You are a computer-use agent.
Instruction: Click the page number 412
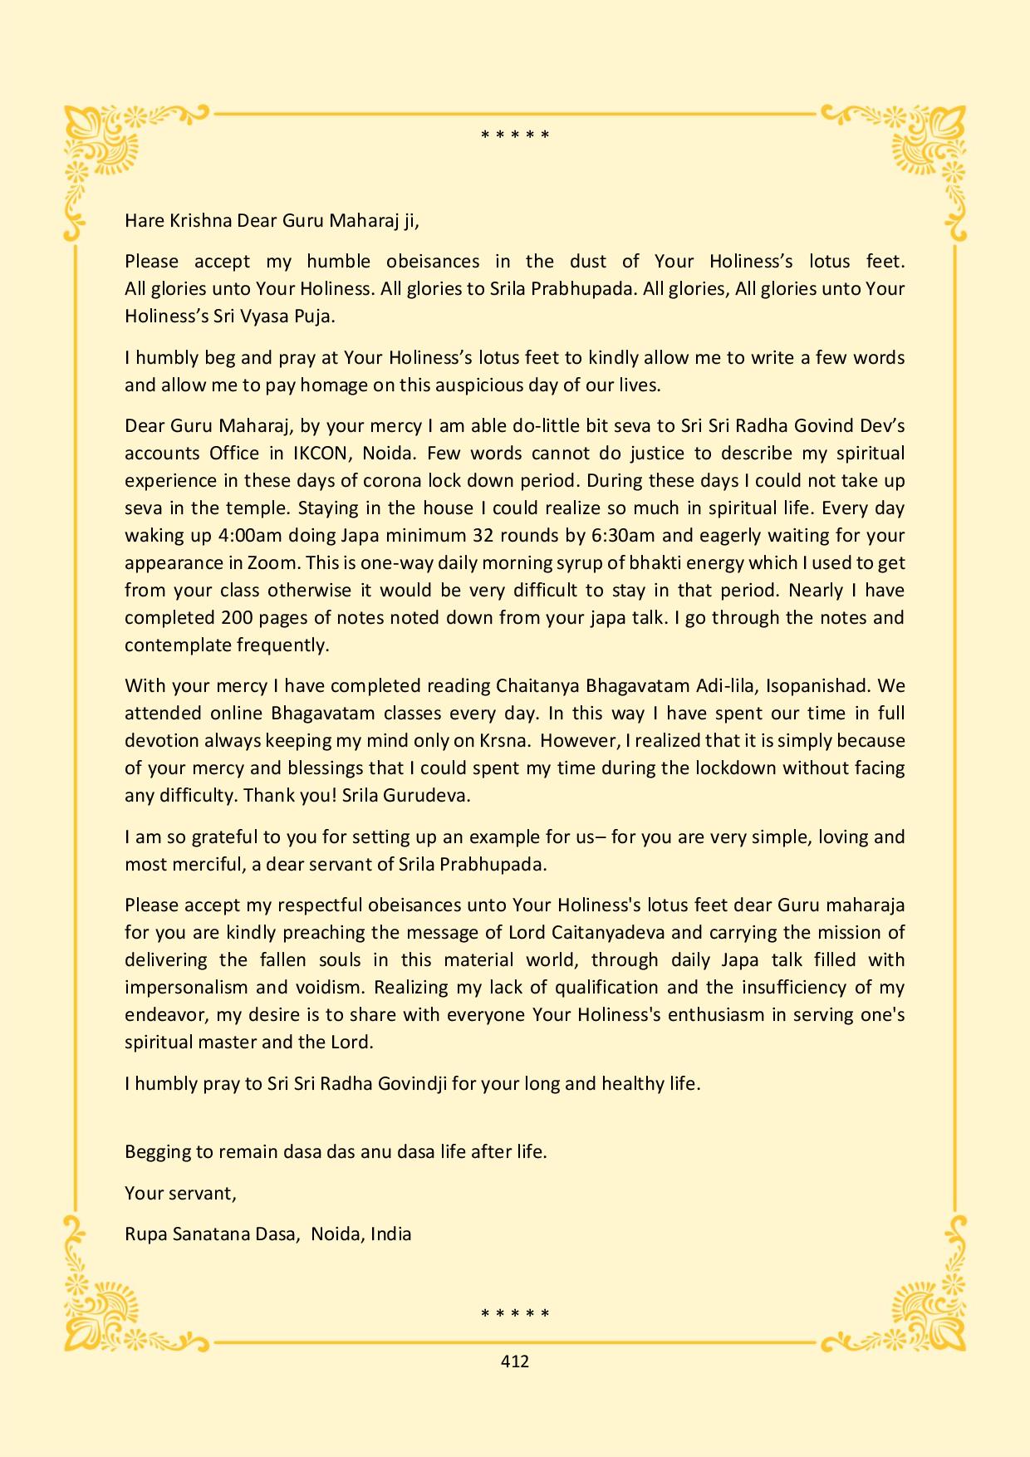(515, 1361)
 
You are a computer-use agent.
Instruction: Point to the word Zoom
(272, 562)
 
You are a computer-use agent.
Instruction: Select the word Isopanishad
(818, 685)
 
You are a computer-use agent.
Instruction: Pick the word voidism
(328, 987)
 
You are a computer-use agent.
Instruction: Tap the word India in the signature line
(391, 1234)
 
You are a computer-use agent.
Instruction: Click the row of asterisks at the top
(515, 135)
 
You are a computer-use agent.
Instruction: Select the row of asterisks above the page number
(515, 1313)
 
